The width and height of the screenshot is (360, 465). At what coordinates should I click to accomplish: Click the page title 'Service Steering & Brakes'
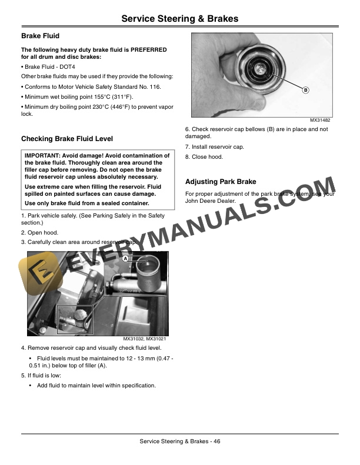179,19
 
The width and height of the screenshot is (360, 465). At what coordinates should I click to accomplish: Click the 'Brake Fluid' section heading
40,36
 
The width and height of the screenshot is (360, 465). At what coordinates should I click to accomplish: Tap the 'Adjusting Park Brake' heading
221,182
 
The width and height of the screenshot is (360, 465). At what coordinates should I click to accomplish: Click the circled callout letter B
306,90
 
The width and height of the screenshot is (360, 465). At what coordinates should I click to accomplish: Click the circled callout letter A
126,258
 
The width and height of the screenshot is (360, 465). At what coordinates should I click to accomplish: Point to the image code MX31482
320,121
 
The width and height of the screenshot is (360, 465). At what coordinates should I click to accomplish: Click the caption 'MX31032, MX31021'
145,339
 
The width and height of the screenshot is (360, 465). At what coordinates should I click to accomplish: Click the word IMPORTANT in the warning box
43,156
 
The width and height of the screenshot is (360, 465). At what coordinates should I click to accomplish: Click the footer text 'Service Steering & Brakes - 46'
179,441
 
